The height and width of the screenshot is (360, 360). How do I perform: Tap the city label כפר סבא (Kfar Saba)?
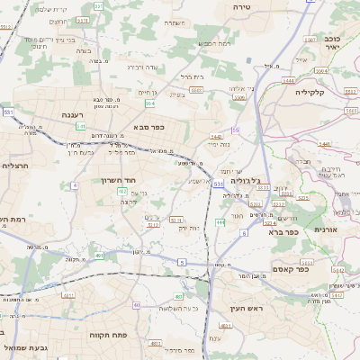[155, 127]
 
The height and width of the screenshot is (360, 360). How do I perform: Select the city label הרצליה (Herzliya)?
[16, 166]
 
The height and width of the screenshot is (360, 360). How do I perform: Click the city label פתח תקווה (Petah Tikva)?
[107, 334]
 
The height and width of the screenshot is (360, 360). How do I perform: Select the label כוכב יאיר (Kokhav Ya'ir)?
[330, 41]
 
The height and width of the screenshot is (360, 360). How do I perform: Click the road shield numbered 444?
[220, 221]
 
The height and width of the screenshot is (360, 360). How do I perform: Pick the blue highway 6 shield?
[243, 233]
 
